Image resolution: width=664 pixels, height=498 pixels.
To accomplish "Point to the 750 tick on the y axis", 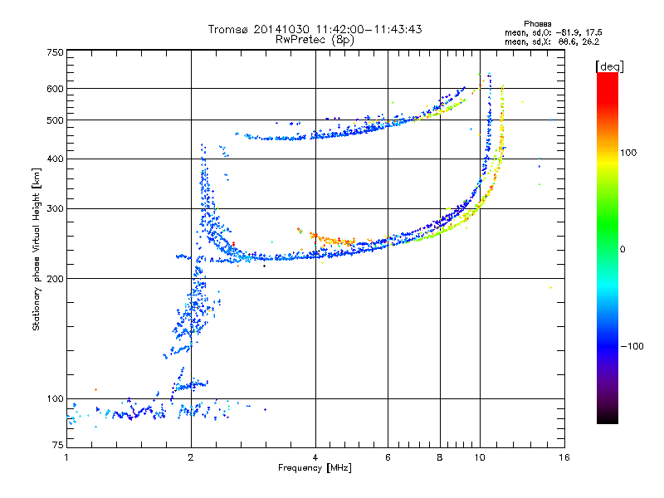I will pyautogui.click(x=55, y=52).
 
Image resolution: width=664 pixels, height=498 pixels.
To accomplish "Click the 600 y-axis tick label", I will pyautogui.click(x=55, y=89).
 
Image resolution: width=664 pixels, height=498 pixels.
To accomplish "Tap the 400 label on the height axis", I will pyautogui.click(x=55, y=159).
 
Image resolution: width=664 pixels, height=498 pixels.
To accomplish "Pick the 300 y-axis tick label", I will pyautogui.click(x=55, y=208).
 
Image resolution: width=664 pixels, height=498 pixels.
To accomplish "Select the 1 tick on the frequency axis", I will pyautogui.click(x=66, y=457).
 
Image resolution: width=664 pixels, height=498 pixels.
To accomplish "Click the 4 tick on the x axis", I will pyautogui.click(x=315, y=457).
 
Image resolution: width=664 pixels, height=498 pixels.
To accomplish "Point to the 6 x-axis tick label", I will pyautogui.click(x=388, y=457).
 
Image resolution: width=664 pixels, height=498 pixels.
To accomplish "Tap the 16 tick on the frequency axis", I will pyautogui.click(x=564, y=457).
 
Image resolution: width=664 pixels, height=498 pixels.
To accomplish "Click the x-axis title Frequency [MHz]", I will pyautogui.click(x=315, y=469).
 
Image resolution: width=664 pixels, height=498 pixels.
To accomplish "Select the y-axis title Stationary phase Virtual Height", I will pyautogui.click(x=37, y=249).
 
